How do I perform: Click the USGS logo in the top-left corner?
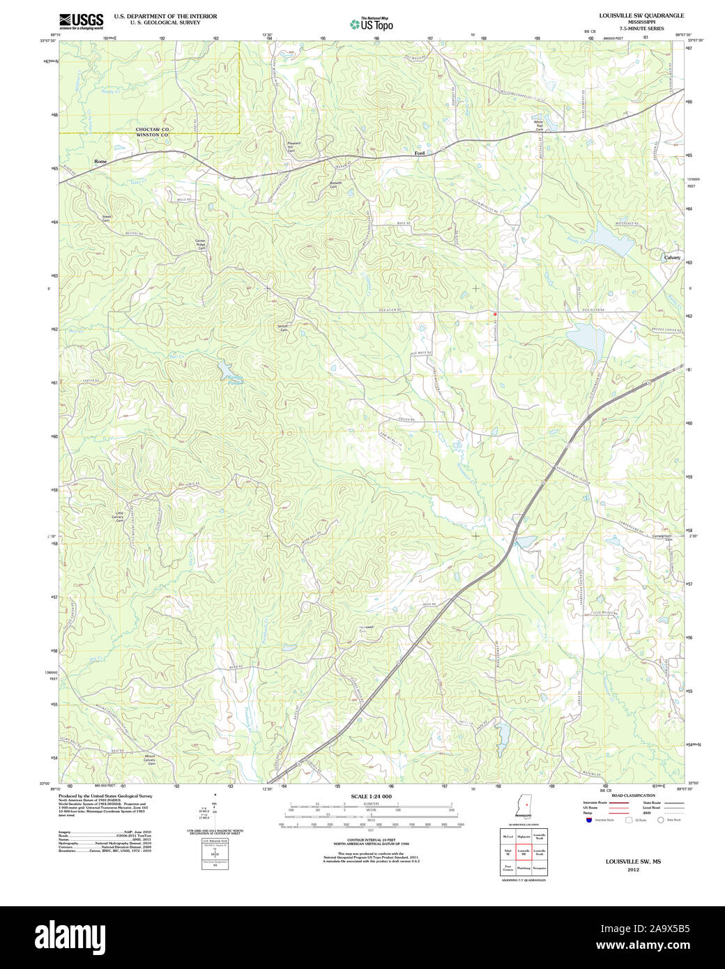[x=81, y=21]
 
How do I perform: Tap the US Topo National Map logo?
[x=372, y=24]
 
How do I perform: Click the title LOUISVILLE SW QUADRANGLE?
[x=632, y=15]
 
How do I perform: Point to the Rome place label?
[x=101, y=161]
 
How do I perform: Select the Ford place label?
[x=419, y=153]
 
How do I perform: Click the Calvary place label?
[x=672, y=257]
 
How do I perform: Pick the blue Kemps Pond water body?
[x=224, y=367]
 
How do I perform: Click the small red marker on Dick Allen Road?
[x=495, y=314]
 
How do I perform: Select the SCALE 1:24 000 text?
[x=371, y=796]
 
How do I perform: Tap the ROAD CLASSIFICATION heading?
[x=633, y=795]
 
